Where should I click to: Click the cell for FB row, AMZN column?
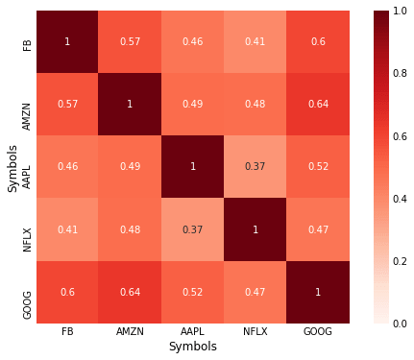(130, 43)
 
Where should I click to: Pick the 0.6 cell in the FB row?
(318, 43)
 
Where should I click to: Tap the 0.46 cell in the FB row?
(192, 43)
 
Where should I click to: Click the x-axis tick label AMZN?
(130, 331)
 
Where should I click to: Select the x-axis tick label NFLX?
(256, 331)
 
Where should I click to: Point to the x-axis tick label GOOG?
(318, 331)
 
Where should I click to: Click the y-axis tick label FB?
(27, 43)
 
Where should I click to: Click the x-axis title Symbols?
(192, 347)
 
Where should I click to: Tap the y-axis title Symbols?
(12, 168)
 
